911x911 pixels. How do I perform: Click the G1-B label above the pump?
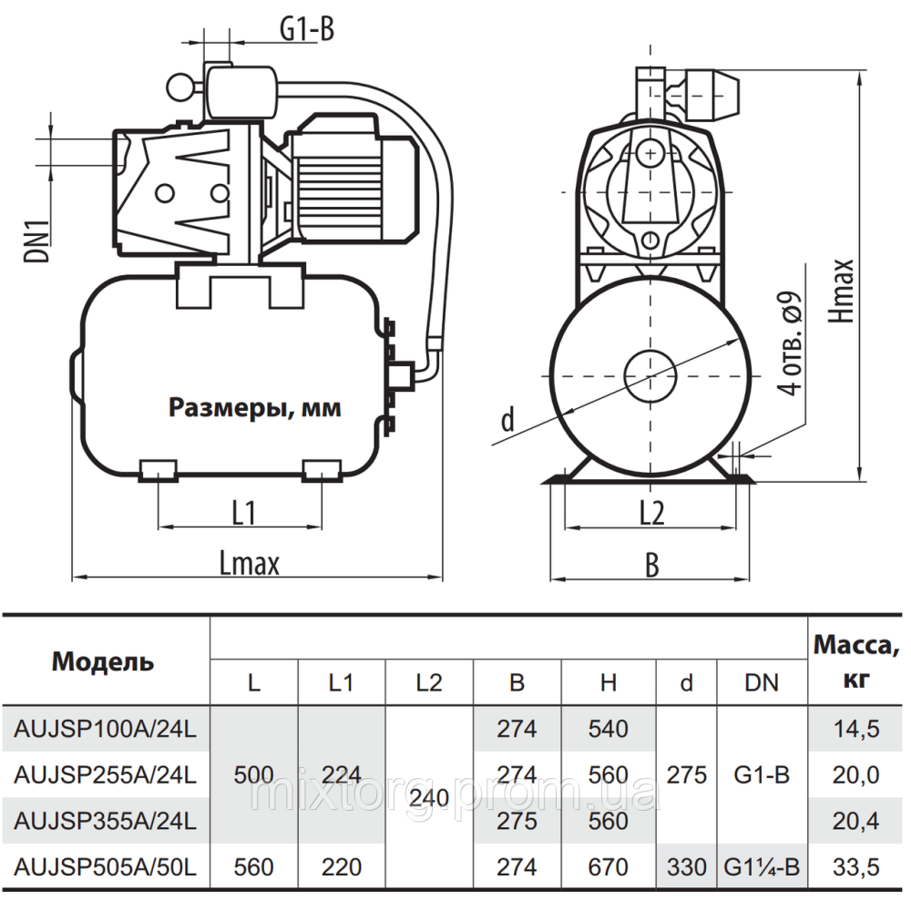click(306, 31)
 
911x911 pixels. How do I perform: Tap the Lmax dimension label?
click(249, 563)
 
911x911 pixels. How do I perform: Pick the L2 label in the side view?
click(651, 514)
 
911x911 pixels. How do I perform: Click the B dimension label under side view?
click(651, 565)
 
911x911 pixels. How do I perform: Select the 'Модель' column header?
click(103, 661)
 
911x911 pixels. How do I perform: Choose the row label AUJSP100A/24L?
click(106, 729)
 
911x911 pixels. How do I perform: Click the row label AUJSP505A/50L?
click(106, 867)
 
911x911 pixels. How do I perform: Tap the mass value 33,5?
click(856, 867)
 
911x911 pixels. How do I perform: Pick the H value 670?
click(609, 867)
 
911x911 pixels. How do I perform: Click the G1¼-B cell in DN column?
click(763, 867)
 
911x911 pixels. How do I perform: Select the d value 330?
click(687, 867)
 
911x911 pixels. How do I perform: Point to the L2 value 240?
click(428, 798)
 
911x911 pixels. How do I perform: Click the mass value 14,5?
click(856, 729)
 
